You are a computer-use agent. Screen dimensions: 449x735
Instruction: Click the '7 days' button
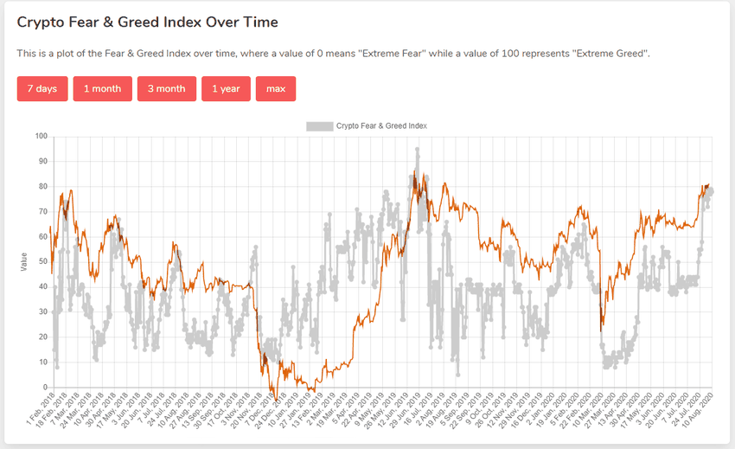[42, 89]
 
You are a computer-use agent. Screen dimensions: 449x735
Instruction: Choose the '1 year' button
[226, 89]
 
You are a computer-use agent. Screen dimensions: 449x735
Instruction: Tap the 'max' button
[276, 89]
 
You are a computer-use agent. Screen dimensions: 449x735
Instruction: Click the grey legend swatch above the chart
[319, 126]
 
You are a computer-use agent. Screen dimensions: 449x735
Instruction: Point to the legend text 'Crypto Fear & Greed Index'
[381, 126]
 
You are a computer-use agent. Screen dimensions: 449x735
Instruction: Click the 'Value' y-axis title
[23, 261]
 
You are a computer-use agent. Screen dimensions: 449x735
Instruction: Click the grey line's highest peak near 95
[417, 149]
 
